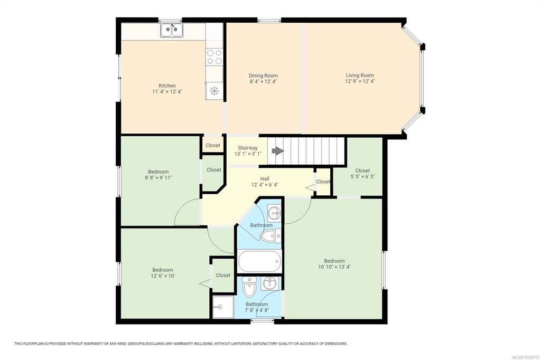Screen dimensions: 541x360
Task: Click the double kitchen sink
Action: pos(172,30)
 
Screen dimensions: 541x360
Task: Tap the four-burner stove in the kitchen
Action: pos(214,57)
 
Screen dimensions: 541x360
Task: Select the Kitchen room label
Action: pos(167,86)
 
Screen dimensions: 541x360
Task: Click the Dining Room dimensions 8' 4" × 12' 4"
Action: pos(263,82)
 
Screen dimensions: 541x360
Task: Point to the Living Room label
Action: pos(360,75)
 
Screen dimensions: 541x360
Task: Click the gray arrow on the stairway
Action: pos(278,151)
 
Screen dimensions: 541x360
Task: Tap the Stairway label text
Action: pos(248,148)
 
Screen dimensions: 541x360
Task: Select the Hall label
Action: pos(265,178)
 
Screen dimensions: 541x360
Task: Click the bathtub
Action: pos(259,261)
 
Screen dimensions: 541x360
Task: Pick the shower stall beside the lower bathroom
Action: pos(223,307)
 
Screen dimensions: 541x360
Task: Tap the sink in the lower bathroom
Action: pos(269,283)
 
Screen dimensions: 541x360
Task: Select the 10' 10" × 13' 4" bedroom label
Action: pos(334,267)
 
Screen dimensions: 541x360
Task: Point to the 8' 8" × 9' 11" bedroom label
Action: pos(158,177)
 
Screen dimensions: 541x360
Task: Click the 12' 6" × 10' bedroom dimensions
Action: pos(163,276)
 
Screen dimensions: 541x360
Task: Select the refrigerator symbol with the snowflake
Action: pos(214,91)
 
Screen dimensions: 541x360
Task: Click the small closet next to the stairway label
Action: pos(213,145)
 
